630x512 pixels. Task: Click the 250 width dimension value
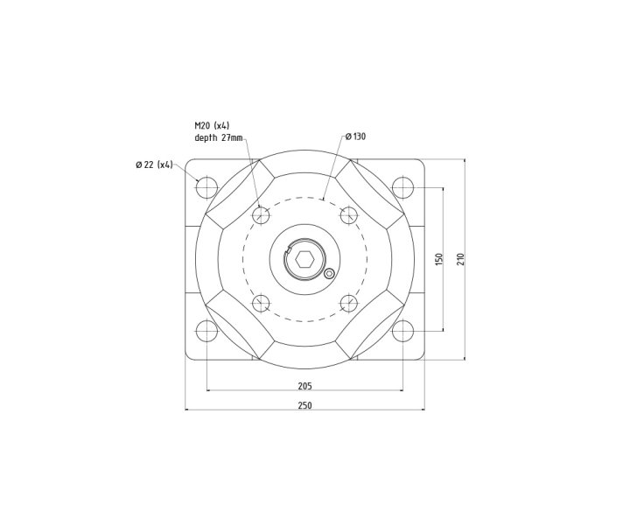(x=304, y=405)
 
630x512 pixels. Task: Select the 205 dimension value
(x=304, y=385)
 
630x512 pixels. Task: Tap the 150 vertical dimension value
(x=439, y=260)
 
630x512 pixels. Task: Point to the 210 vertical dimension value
(x=460, y=260)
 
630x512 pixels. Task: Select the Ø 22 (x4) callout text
(x=155, y=165)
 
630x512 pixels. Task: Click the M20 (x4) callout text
(x=212, y=125)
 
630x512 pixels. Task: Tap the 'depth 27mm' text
(x=218, y=137)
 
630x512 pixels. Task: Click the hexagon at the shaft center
(x=304, y=259)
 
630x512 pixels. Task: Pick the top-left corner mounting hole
(x=206, y=187)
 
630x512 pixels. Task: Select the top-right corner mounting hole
(x=402, y=187)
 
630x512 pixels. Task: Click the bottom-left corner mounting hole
(x=206, y=332)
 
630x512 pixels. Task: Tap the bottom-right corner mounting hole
(x=402, y=332)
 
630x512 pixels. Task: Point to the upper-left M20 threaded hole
(x=260, y=215)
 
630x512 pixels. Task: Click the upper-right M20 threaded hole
(x=348, y=215)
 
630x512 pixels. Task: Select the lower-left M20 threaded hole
(x=260, y=304)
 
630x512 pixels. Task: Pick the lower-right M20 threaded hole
(x=348, y=304)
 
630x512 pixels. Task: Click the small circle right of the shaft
(x=329, y=274)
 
